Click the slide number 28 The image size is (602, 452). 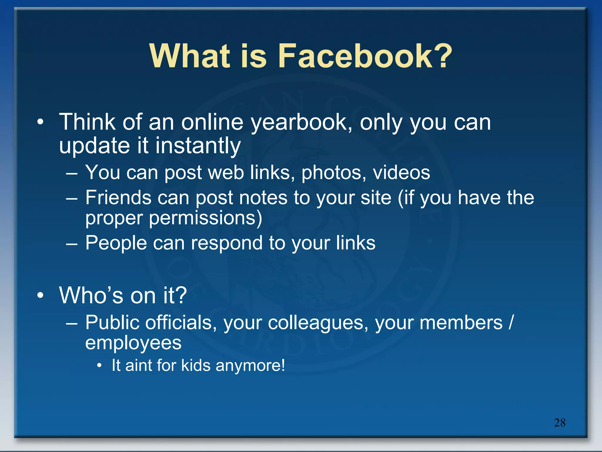560,423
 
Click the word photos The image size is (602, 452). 334,173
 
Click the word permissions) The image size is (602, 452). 205,219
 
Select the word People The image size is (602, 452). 116,243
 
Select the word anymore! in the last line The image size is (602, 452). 250,366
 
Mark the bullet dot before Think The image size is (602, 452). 41,122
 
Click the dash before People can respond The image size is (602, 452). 72,244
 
